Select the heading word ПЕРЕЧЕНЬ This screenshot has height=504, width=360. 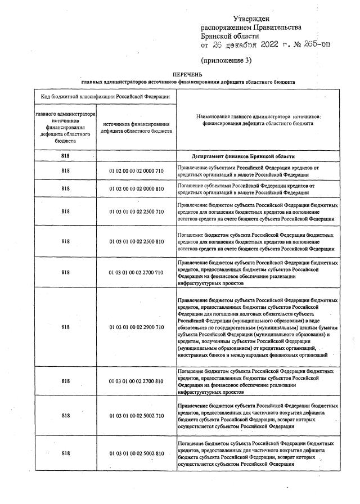coord(187,74)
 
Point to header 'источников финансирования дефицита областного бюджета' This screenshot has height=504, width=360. coord(136,128)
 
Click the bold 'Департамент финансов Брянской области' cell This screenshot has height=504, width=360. coord(244,156)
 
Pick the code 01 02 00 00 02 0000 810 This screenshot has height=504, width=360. coord(136,188)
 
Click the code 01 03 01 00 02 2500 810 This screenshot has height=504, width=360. coord(136,241)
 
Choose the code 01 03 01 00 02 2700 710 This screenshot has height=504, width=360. coord(136,272)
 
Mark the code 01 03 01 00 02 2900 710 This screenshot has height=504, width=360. coord(136,327)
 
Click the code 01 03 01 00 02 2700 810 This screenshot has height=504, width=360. coord(136,381)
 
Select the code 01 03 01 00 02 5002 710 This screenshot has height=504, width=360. coord(136,416)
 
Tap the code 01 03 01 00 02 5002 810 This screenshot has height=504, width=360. coord(136,453)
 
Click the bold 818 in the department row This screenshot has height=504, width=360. coord(66,156)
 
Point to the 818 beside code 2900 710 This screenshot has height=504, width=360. coord(66,327)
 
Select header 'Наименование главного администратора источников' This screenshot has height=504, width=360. coord(258,116)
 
